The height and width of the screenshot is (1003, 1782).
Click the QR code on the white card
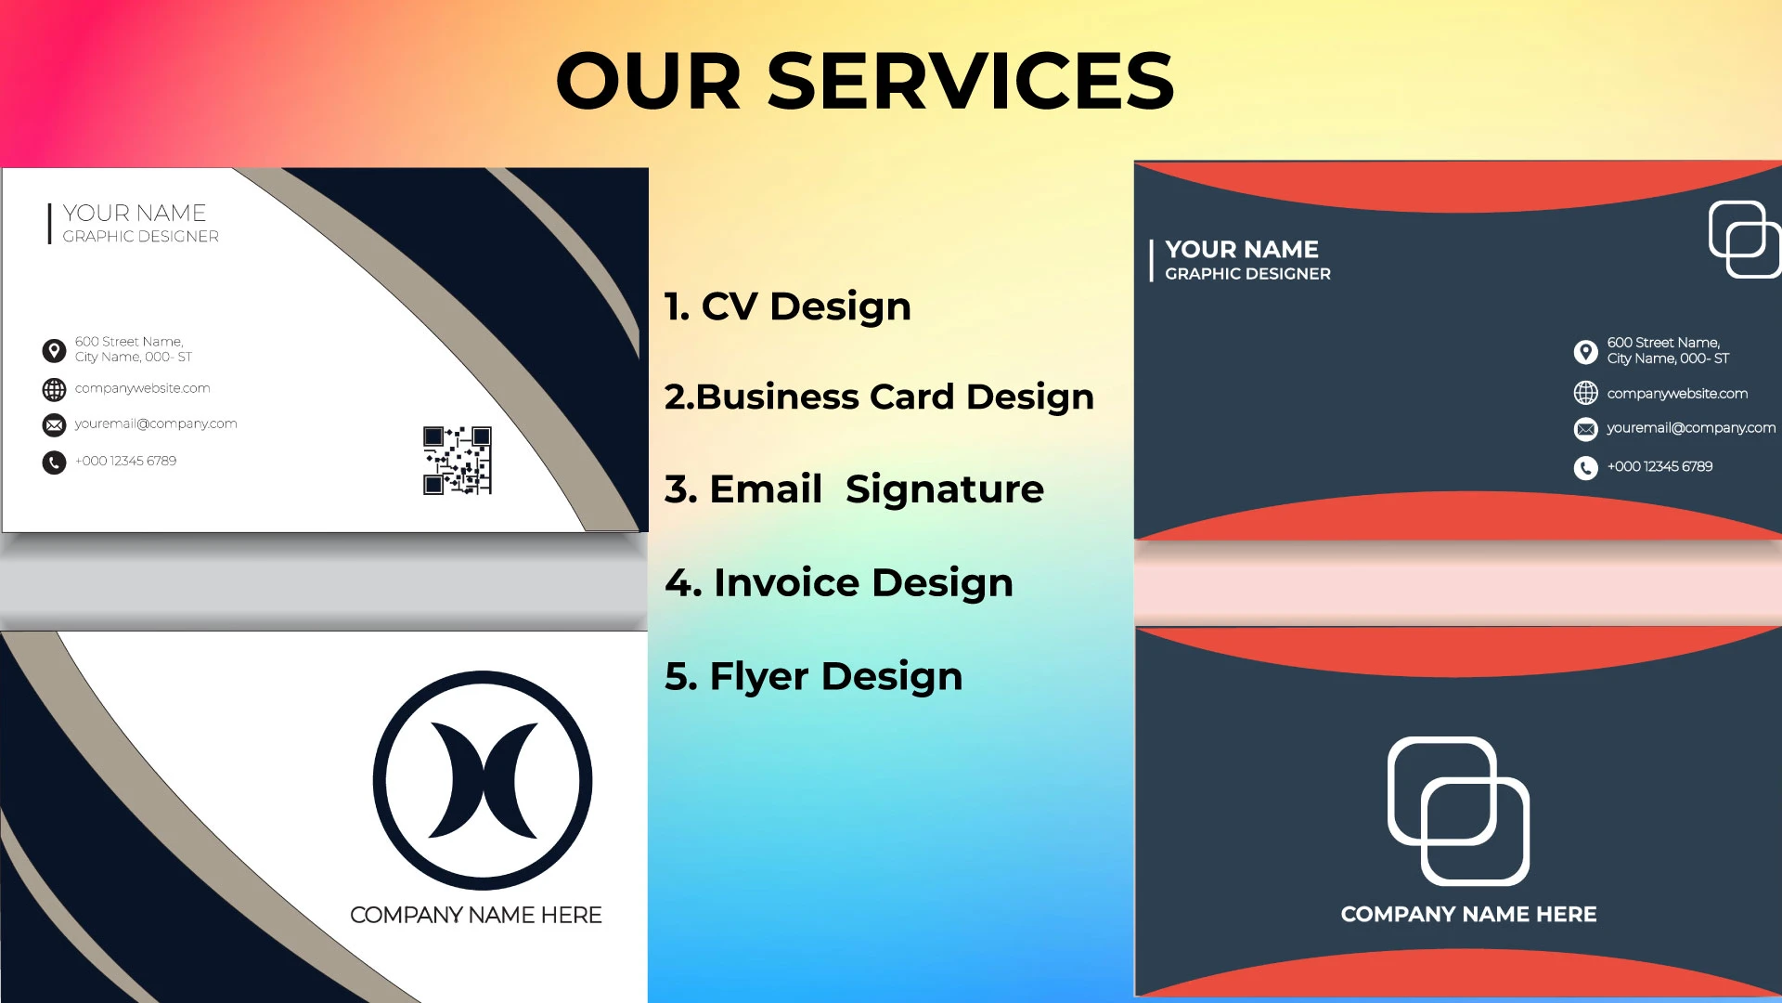457,461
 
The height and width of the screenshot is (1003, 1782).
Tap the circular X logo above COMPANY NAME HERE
483,780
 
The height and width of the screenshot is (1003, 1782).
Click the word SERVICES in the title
970,82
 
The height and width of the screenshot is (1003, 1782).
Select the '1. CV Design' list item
788,306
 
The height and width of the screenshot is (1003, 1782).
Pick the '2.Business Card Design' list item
879,397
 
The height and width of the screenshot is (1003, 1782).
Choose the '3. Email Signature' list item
854,489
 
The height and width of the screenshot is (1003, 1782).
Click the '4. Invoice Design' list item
839,582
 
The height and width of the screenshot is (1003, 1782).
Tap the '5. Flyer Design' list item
814,676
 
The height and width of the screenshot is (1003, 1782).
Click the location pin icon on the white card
54,350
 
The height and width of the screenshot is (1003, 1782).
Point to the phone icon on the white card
54,462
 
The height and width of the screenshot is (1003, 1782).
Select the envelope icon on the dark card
1585,429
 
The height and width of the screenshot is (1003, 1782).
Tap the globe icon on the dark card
1585,393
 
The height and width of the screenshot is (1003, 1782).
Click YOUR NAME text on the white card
135,214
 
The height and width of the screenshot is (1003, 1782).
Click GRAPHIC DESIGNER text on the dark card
1247,274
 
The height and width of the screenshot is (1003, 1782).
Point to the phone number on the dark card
1659,466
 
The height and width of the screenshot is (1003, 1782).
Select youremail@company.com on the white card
156,423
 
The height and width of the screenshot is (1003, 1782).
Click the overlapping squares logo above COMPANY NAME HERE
1458,811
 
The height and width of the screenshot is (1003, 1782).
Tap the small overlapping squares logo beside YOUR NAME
1743,239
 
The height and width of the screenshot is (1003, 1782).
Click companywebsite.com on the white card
142,388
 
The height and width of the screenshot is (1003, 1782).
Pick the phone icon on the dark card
1585,467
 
